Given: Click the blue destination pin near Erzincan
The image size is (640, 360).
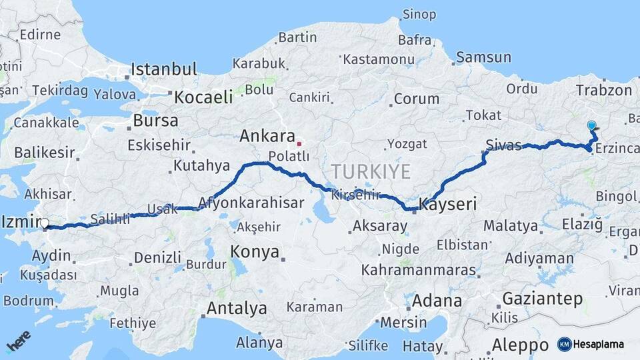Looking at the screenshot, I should (591, 125).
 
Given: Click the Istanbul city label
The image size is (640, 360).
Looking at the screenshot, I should (164, 69).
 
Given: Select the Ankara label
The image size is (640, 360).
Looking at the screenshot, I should (267, 137).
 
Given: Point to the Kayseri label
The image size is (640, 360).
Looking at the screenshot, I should (447, 204).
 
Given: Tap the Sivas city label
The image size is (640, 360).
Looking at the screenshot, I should (503, 145).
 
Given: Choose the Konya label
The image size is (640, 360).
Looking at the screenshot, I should (254, 251).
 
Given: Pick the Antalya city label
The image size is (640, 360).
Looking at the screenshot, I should (237, 309).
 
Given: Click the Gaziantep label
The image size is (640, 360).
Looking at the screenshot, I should (542, 299).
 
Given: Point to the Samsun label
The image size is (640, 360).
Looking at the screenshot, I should (483, 58).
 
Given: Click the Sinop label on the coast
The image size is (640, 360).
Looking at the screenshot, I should (419, 14).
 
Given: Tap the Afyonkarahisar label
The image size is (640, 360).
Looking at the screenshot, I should (251, 203).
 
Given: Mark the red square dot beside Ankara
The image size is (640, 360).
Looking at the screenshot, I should (299, 143).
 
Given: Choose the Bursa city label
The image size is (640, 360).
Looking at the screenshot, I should (156, 121).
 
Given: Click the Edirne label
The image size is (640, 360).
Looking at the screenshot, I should (40, 34).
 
